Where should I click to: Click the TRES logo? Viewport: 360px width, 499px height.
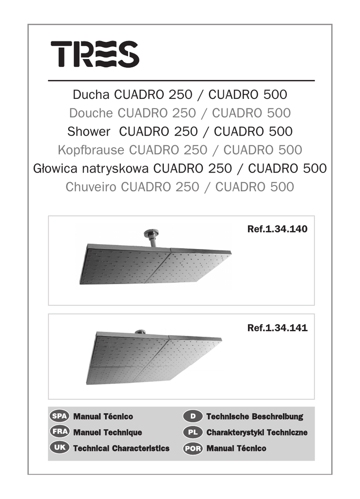[95, 54]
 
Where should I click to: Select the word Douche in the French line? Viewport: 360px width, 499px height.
[91, 113]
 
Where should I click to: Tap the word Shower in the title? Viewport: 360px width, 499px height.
[89, 131]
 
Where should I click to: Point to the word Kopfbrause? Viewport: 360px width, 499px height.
[91, 150]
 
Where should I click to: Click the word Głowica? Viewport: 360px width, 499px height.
[53, 169]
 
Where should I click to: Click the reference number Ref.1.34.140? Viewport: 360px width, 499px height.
[277, 229]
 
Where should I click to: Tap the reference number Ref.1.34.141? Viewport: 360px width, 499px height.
[277, 328]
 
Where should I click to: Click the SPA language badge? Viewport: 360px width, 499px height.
[59, 417]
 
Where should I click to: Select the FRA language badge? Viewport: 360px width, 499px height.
[59, 432]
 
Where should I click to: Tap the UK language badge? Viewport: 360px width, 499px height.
[59, 448]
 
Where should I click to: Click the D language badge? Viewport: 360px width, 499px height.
[193, 417]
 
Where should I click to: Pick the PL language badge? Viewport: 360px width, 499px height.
[193, 432]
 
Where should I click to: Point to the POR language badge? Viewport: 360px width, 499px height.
[193, 448]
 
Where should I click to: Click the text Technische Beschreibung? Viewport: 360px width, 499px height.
[254, 417]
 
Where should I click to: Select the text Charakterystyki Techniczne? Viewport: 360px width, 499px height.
[257, 432]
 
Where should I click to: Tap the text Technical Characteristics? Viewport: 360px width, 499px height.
[121, 448]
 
